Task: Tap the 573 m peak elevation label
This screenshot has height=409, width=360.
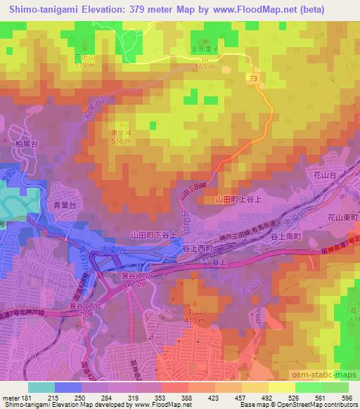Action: click(x=84, y=67)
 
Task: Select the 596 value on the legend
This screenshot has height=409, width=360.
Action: click(x=346, y=398)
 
